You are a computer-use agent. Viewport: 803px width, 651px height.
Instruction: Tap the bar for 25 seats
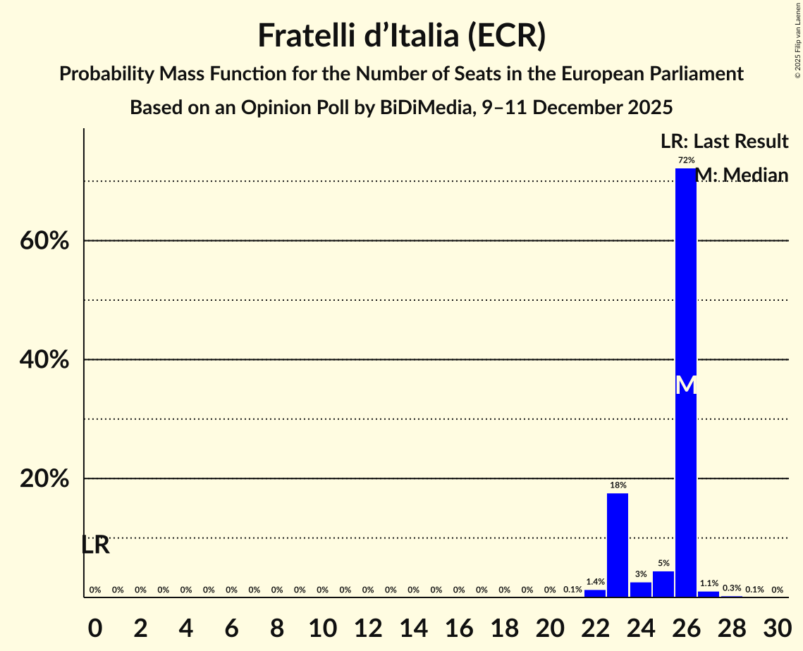coord(663,584)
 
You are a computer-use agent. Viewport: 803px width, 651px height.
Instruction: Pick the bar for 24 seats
coord(640,589)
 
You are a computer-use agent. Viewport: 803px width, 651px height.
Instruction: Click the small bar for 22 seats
coord(595,593)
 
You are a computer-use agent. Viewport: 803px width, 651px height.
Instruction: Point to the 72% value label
coord(686,161)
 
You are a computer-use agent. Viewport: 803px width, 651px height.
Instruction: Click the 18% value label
coord(618,485)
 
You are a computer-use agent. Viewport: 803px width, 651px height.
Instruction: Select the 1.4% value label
coord(595,582)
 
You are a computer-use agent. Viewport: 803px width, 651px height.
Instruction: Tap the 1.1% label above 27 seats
coord(709,583)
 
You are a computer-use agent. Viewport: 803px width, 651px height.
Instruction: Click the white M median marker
coord(686,385)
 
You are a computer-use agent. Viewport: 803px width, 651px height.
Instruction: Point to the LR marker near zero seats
coord(95,545)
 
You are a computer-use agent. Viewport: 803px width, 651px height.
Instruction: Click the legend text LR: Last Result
coord(724,142)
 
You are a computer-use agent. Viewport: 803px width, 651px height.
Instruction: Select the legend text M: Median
coord(741,175)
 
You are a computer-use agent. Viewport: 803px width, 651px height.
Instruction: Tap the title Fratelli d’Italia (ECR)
coord(401,36)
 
